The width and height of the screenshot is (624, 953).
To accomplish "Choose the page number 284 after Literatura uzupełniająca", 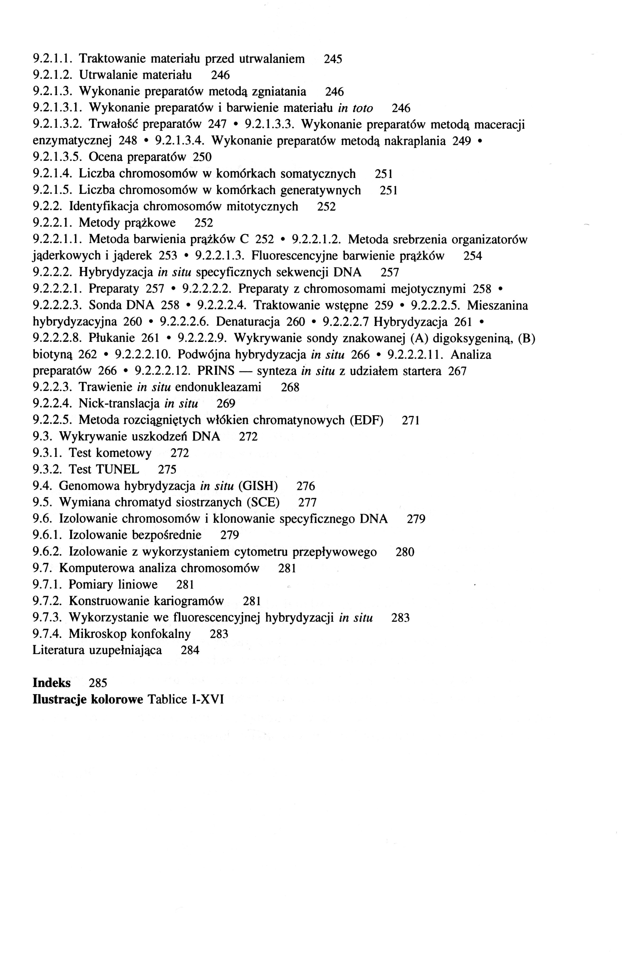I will tap(190, 650).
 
